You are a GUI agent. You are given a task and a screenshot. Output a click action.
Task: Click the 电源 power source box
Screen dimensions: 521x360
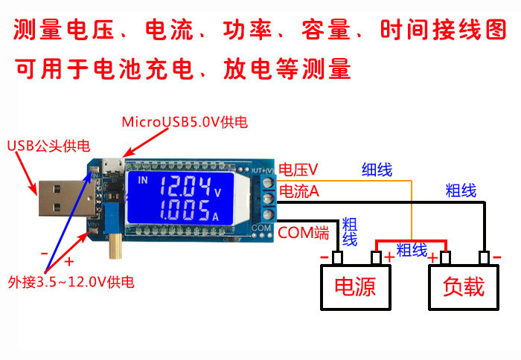tap(354, 287)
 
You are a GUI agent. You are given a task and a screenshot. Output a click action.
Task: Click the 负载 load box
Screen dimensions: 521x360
tap(463, 287)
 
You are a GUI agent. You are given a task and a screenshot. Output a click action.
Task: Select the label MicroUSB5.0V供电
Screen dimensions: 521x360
tap(185, 121)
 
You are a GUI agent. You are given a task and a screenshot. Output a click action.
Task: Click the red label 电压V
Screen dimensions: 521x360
tap(298, 170)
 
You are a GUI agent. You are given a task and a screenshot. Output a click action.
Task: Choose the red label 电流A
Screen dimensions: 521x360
tap(298, 192)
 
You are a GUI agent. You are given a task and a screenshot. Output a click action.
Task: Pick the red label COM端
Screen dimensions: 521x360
tap(303, 233)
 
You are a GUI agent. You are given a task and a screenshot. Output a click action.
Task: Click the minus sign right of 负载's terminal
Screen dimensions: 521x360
tap(497, 257)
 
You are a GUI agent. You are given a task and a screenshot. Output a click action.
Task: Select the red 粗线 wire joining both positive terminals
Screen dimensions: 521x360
tap(411, 242)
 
